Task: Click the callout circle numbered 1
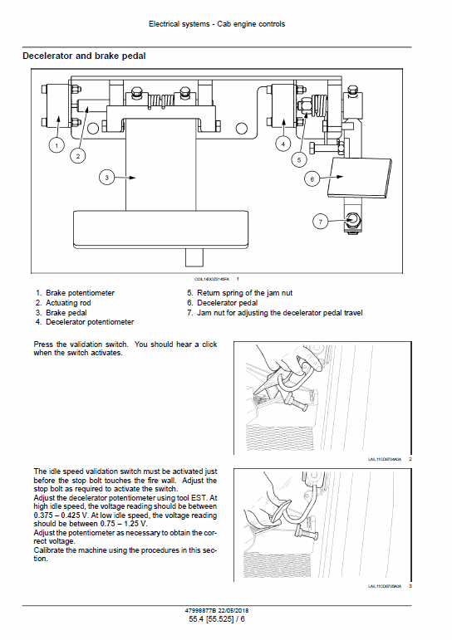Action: (56, 145)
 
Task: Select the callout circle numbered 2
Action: (77, 154)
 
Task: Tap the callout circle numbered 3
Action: (106, 176)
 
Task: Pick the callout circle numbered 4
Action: (283, 144)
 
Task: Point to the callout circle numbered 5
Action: (300, 158)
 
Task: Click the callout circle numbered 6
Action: (312, 178)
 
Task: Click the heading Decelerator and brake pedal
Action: (84, 56)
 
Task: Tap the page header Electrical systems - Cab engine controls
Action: (216, 24)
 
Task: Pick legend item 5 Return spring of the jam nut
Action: (239, 293)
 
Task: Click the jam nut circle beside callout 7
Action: (351, 220)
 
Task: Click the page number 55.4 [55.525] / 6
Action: (216, 618)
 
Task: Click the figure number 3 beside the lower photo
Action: (410, 587)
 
